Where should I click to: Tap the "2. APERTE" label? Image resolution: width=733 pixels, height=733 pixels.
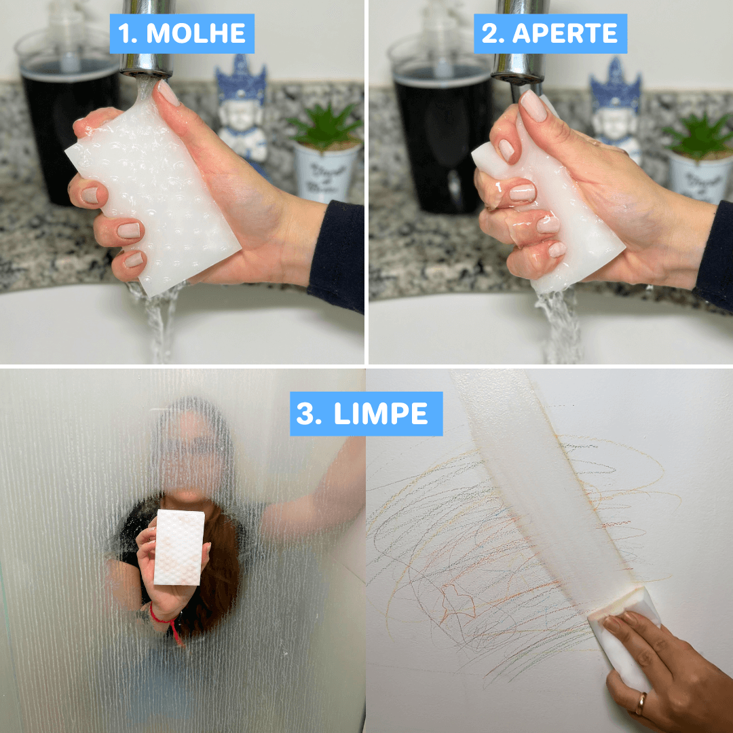550,34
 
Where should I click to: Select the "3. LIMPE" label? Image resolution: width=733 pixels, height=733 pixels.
366,414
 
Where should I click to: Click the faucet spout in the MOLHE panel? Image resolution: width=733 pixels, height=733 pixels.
147,41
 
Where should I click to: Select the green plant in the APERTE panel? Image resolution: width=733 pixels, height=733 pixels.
699,132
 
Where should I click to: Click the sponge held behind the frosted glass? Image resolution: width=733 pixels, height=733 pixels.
179,547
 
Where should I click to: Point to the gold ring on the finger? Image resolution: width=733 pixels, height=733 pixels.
641,703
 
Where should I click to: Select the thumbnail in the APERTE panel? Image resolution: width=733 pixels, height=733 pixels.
533,105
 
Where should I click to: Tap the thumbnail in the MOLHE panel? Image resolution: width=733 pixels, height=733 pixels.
168,93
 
